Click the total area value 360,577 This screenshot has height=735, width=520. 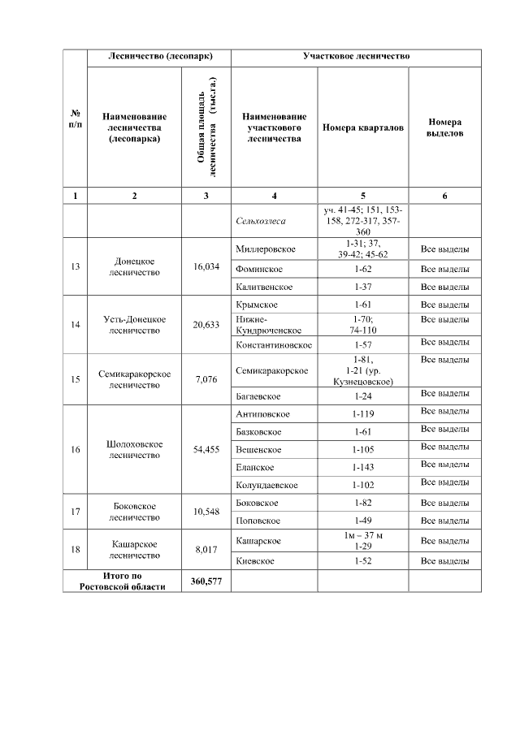click(x=206, y=582)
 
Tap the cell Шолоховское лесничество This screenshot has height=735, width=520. click(x=135, y=449)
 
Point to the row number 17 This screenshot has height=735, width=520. click(x=75, y=511)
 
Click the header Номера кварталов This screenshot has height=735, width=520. click(x=362, y=128)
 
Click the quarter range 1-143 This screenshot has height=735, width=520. click(x=362, y=467)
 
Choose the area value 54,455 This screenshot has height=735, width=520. click(x=206, y=449)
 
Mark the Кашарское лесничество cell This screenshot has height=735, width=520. click(x=135, y=550)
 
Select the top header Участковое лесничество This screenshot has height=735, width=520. click(x=356, y=58)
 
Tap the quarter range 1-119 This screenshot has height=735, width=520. click(x=362, y=414)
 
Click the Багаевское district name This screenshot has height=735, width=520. click(x=258, y=396)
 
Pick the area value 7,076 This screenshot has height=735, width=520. click(x=206, y=378)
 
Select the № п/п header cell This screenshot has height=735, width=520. click(x=75, y=119)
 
